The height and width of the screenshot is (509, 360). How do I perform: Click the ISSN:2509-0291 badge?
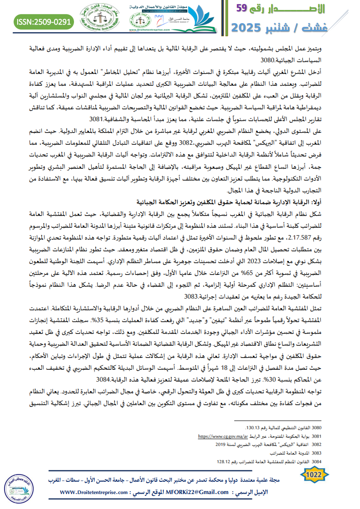click(44, 21)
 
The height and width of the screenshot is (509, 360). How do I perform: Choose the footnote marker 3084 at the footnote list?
click(316, 461)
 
